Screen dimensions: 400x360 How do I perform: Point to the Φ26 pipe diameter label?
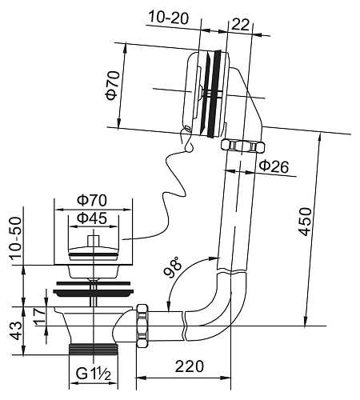pyautogui.click(x=274, y=166)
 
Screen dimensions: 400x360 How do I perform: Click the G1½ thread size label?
pyautogui.click(x=93, y=374)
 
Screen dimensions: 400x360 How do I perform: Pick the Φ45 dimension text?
pyautogui.click(x=93, y=218)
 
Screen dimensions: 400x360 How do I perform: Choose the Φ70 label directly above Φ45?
pyautogui.click(x=93, y=199)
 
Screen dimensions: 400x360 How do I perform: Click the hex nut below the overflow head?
pyautogui.click(x=242, y=146)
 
